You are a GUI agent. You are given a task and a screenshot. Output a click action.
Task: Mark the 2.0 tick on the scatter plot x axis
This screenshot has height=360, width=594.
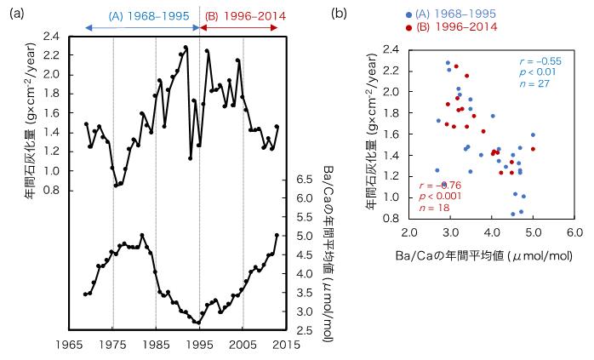tap(409, 231)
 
